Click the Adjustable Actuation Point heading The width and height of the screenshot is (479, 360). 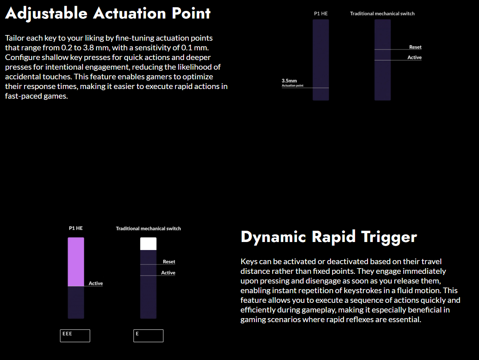[107, 13]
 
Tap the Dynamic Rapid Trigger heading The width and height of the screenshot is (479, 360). [328, 237]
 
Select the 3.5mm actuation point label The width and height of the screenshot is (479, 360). [289, 81]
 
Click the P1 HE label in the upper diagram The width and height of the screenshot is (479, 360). [321, 14]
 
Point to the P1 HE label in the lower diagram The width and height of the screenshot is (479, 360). [76, 228]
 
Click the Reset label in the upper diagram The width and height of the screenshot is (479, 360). [415, 47]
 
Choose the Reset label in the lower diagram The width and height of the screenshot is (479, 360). [169, 262]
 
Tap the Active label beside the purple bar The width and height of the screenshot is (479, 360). [96, 283]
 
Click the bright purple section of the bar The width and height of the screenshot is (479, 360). [76, 262]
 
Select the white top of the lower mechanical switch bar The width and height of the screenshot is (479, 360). [148, 244]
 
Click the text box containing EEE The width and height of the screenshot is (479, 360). [75, 335]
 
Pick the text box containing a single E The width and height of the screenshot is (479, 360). [148, 335]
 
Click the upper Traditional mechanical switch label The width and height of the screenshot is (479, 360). [382, 14]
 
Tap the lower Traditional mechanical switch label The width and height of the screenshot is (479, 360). [148, 228]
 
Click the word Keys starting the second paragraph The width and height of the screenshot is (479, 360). [248, 262]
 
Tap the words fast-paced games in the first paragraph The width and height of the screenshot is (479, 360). [36, 96]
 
